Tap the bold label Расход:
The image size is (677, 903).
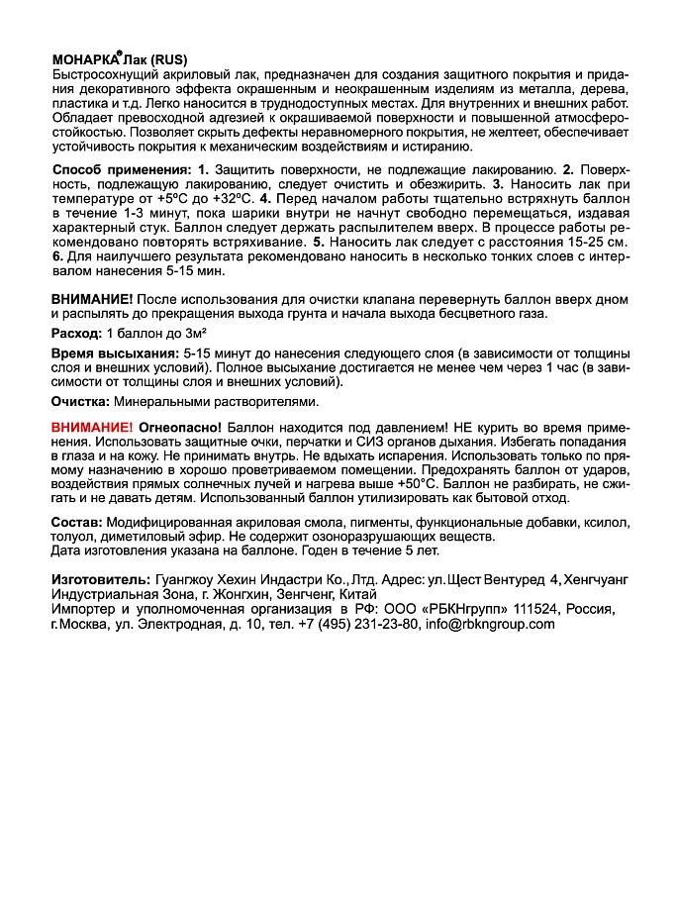click(x=76, y=333)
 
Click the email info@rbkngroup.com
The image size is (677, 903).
click(x=489, y=624)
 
